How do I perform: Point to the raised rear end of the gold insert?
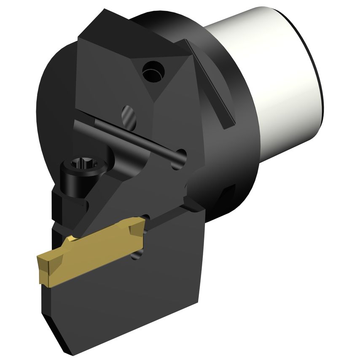pyautogui.click(x=136, y=228)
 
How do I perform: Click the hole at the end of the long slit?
pyautogui.click(x=180, y=155)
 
